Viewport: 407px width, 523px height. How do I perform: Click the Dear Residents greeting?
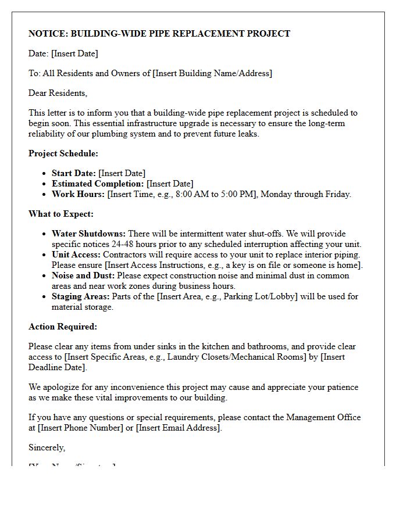click(58, 93)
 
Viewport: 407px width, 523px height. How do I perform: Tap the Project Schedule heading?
click(63, 153)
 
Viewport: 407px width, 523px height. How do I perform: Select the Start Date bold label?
click(74, 173)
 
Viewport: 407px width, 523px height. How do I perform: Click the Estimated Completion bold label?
click(98, 184)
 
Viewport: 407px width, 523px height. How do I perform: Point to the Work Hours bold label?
click(78, 194)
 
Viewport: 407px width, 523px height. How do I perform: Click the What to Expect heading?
click(61, 214)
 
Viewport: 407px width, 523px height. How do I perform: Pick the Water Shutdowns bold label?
click(88, 234)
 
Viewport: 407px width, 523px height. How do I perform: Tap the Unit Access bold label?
click(76, 255)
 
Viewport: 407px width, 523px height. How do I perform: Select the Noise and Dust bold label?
click(83, 275)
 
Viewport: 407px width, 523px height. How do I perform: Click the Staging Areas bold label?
click(81, 296)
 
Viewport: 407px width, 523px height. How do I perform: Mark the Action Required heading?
click(63, 327)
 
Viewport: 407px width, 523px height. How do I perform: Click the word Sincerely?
click(47, 447)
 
